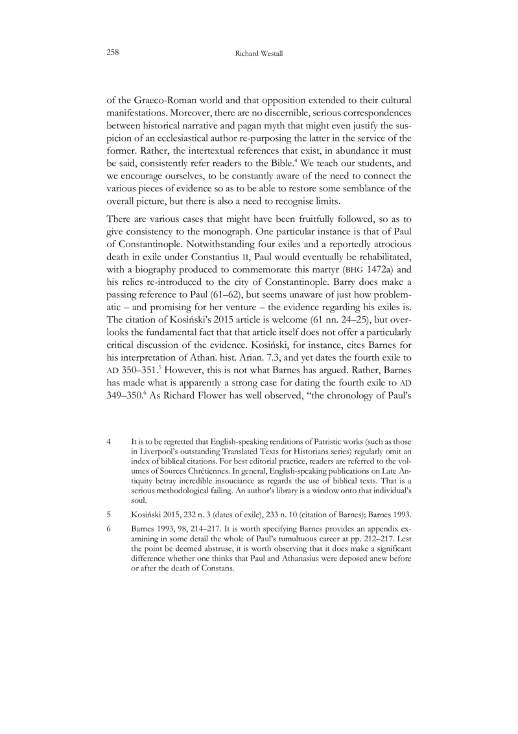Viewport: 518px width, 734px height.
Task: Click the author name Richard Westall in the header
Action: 258,56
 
